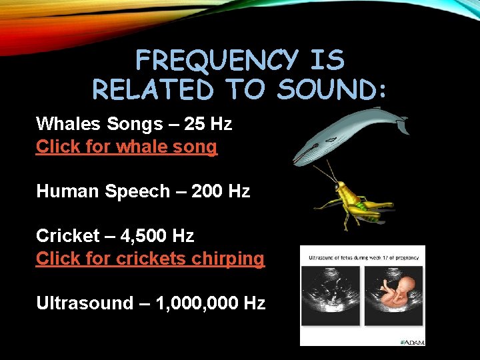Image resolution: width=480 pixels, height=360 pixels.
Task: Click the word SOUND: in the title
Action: coord(331,89)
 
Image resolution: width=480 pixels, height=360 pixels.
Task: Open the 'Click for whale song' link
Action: coord(127,147)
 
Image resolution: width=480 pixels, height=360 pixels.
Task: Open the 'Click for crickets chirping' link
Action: coord(150,258)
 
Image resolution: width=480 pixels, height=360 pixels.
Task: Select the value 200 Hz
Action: coord(220,191)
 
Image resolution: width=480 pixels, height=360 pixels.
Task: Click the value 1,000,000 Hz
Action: coord(210,303)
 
